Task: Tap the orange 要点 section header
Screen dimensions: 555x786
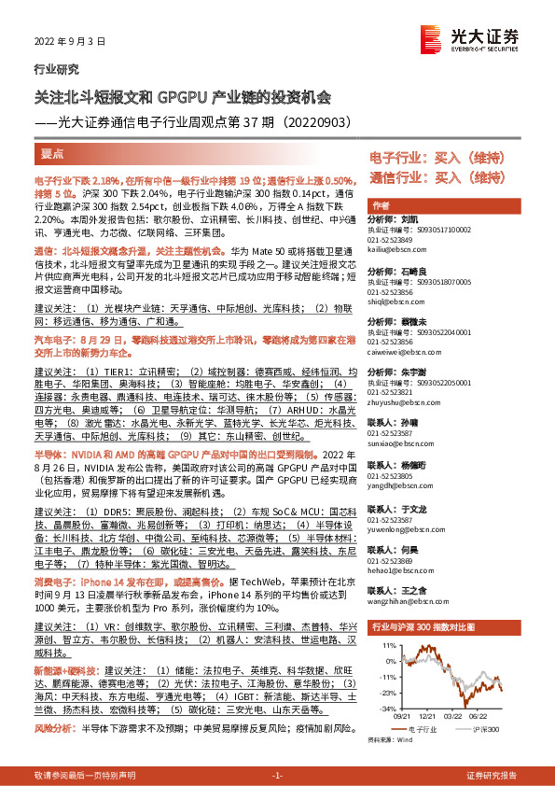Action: click(53, 154)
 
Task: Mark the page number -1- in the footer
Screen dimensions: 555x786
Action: click(276, 775)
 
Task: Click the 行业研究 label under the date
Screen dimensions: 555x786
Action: click(57, 69)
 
